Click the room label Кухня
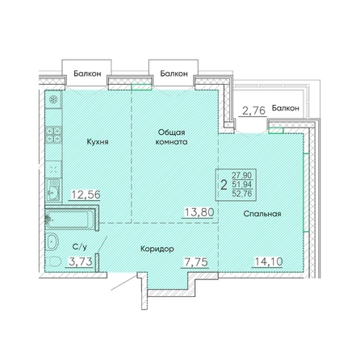tap(98, 142)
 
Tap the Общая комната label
tap(171, 137)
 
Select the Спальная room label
tap(262, 214)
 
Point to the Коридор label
tap(157, 249)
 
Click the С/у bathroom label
tap(80, 246)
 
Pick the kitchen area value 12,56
tap(86, 195)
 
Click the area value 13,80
tap(199, 212)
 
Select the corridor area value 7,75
tap(196, 262)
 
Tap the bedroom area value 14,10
tap(268, 262)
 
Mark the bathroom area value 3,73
tap(81, 261)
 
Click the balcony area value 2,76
tap(253, 111)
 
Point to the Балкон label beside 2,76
tap(285, 108)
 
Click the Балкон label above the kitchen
tap(87, 73)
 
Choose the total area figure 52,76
tap(242, 194)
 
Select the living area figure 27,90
tap(242, 175)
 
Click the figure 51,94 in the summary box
tap(242, 185)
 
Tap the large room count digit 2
tap(224, 186)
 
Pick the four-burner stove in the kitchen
tap(54, 135)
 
